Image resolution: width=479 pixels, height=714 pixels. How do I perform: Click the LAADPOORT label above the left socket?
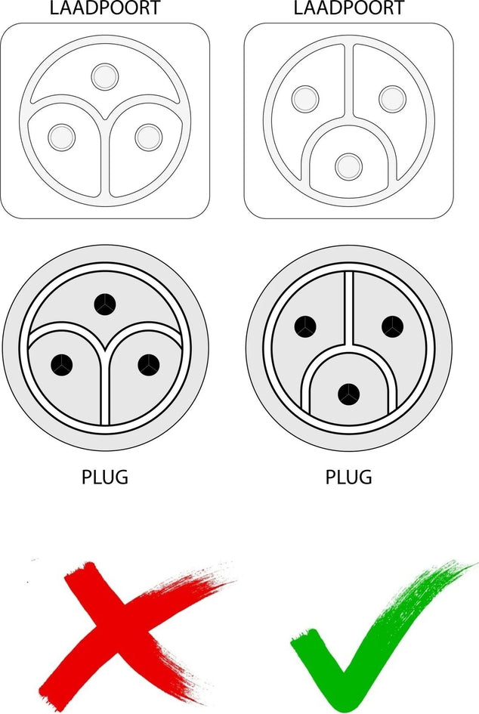[x=105, y=8]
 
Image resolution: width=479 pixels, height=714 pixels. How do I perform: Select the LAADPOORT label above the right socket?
[x=349, y=8]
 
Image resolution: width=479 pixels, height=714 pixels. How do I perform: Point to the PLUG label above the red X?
[x=105, y=478]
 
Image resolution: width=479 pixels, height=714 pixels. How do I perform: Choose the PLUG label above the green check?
[x=349, y=478]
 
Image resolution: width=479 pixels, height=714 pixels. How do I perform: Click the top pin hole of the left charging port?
[x=105, y=77]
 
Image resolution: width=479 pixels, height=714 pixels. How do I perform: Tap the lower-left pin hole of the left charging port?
[x=61, y=137]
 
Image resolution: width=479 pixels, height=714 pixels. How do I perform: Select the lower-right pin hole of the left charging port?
[x=148, y=137]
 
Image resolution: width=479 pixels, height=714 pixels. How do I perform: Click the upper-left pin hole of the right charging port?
[x=305, y=99]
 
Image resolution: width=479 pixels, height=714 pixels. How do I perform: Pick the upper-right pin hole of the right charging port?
[x=392, y=99]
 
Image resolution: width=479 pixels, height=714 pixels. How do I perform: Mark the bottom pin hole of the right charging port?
[x=349, y=167]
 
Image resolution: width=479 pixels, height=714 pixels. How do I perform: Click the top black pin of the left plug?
[x=105, y=304]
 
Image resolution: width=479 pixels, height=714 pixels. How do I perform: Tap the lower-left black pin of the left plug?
[x=61, y=365]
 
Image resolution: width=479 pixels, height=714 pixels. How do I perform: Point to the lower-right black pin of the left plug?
[x=148, y=365]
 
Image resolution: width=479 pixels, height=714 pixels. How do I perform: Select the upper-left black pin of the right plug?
[x=305, y=326]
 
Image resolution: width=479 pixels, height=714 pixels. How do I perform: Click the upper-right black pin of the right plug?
[x=392, y=326]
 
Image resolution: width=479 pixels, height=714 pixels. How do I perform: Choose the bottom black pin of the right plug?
[x=349, y=394]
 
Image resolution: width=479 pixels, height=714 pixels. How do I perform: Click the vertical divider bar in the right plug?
[x=349, y=308]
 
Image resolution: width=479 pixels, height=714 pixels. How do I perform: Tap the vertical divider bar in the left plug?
[x=105, y=387]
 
